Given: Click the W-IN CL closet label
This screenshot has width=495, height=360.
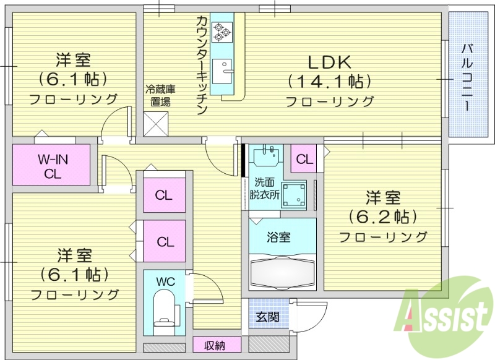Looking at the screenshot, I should point(53,166).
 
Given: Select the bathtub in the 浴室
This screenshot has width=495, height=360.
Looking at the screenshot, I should point(282,270).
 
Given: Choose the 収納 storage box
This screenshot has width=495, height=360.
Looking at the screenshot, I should point(215,345).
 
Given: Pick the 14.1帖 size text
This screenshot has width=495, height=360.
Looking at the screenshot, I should point(329,81).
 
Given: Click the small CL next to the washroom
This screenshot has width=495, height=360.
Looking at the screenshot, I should point(304,159).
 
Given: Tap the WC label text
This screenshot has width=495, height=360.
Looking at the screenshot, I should point(165,281).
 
